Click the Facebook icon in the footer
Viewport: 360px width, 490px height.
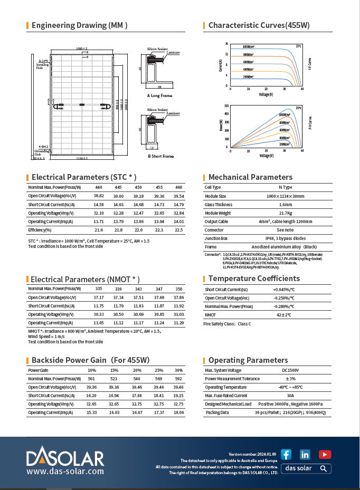coord(286,454)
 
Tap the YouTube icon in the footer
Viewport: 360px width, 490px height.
coord(325,454)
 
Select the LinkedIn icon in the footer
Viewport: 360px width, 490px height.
coord(305,454)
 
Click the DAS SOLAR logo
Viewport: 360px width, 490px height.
coord(65,456)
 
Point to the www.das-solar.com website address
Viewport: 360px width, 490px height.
coord(65,471)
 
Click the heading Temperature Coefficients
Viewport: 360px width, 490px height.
coord(254,278)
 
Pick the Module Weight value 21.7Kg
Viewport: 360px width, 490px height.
coord(286,213)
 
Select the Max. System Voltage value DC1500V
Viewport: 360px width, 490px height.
coord(286,370)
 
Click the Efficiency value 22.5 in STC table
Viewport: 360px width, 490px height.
coord(178,230)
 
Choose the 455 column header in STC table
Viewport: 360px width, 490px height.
coord(159,187)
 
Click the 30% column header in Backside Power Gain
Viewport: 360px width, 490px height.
coord(178,370)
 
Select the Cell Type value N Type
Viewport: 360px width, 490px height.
coord(286,187)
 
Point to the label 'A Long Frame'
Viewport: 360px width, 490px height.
coord(159,96)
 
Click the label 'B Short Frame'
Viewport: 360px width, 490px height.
coord(160,156)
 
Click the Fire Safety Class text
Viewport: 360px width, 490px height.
coord(227,324)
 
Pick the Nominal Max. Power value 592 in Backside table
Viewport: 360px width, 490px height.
coord(178,379)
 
